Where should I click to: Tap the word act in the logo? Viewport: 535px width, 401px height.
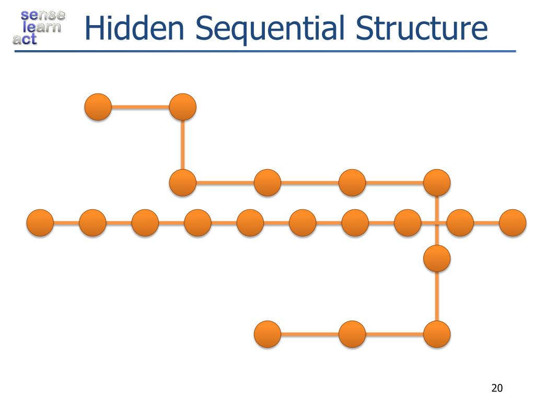tap(25, 39)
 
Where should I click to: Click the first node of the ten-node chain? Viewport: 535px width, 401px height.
tap(40, 223)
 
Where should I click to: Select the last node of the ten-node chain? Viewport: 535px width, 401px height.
tap(513, 223)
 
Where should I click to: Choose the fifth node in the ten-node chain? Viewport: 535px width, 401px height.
tap(250, 223)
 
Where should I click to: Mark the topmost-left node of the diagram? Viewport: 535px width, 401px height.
tap(98, 107)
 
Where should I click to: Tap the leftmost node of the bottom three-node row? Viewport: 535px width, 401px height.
tap(267, 334)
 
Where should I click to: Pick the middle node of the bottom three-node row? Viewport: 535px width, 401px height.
tap(352, 334)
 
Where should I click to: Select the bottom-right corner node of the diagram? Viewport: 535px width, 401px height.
tap(437, 334)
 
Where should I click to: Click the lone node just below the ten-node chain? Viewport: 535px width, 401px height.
tap(437, 258)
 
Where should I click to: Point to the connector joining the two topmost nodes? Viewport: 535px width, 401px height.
tap(140, 108)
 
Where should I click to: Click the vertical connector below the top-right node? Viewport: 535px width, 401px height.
tap(182, 145)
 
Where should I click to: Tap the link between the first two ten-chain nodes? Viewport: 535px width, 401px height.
tap(66, 223)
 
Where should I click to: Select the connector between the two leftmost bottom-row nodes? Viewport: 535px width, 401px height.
tap(310, 334)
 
